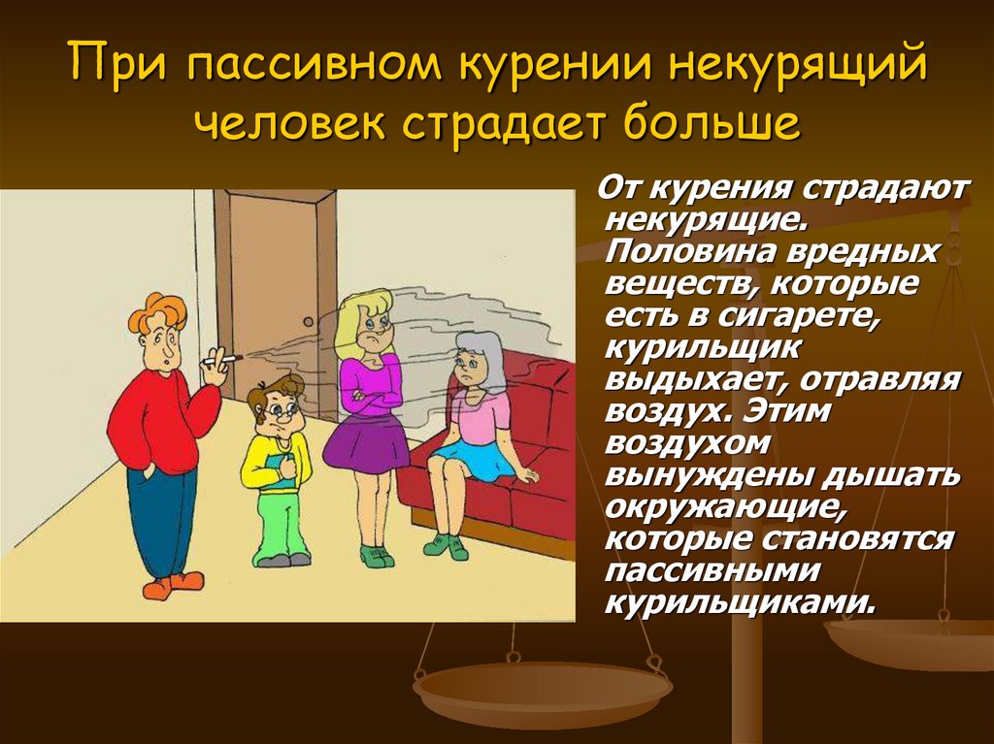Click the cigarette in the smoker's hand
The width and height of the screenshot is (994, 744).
click(226, 361)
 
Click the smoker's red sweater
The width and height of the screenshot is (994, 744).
click(155, 417)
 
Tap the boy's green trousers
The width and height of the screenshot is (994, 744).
click(282, 524)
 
